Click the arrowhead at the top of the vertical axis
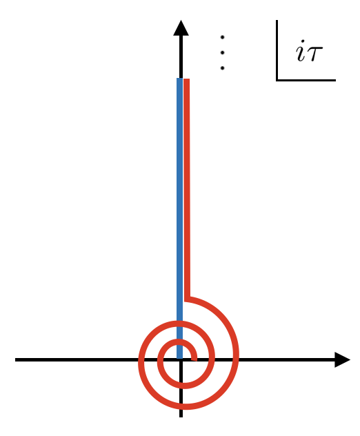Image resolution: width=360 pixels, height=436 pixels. pyautogui.click(x=181, y=28)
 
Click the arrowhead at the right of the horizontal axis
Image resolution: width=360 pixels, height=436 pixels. pyautogui.click(x=342, y=359)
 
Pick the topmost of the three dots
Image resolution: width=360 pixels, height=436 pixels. pyautogui.click(x=222, y=37)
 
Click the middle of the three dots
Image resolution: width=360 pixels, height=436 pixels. pyautogui.click(x=222, y=52)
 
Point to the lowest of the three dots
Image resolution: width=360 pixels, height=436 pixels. pyautogui.click(x=222, y=68)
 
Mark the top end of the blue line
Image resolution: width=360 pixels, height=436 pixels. pyautogui.click(x=180, y=79)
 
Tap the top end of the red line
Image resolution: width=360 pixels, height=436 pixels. pyautogui.click(x=187, y=80)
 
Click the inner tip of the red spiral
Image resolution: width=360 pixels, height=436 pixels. pyautogui.click(x=194, y=359)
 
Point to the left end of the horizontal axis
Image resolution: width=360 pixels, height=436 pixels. pyautogui.click(x=16, y=359)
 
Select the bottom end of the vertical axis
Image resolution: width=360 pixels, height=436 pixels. pyautogui.click(x=181, y=416)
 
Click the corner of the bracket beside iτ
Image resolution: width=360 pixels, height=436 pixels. pyautogui.click(x=277, y=80)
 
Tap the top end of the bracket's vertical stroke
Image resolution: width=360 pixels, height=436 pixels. pyautogui.click(x=277, y=21)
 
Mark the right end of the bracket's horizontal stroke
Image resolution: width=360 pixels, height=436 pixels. pyautogui.click(x=335, y=80)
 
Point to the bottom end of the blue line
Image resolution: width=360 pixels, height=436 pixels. pyautogui.click(x=180, y=357)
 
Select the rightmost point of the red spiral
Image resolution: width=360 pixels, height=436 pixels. pyautogui.click(x=236, y=356)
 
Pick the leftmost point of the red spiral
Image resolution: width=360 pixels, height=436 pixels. pyautogui.click(x=141, y=360)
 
